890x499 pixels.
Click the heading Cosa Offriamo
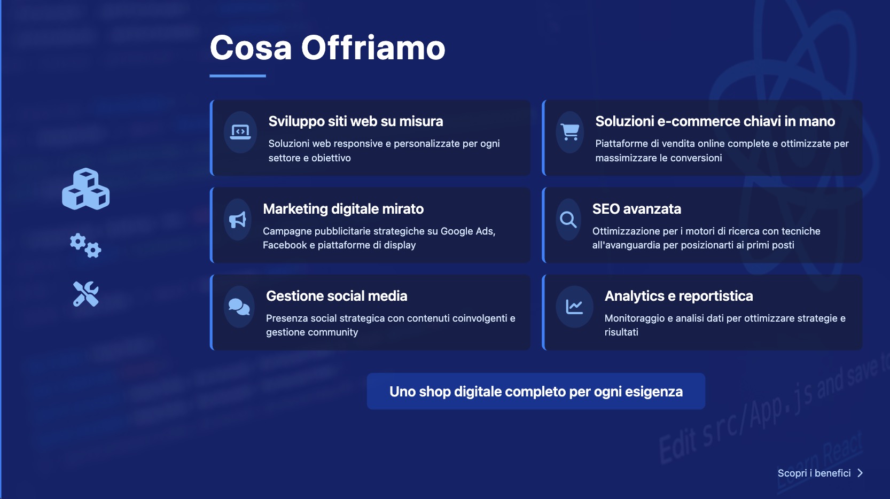coord(327,48)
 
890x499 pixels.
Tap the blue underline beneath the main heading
coord(238,75)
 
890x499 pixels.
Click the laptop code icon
coord(240,132)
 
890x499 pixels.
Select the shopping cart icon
coord(570,132)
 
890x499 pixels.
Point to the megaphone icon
coord(238,219)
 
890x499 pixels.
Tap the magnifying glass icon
coord(568,219)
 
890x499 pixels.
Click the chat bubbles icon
coord(239,307)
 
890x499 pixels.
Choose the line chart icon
coord(574,307)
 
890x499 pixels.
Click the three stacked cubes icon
coord(86,189)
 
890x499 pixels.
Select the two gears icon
coord(86,246)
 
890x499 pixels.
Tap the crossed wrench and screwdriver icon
coord(86,294)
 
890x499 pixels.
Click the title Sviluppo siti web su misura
coord(356,121)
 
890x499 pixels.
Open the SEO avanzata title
coord(636,208)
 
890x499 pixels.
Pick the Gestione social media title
coord(337,296)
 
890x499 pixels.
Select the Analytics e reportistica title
coord(678,296)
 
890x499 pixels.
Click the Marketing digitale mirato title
coord(343,209)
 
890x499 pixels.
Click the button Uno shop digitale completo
coord(536,391)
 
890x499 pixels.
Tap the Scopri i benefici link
coord(814,473)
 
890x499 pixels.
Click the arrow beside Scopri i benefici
coord(860,473)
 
